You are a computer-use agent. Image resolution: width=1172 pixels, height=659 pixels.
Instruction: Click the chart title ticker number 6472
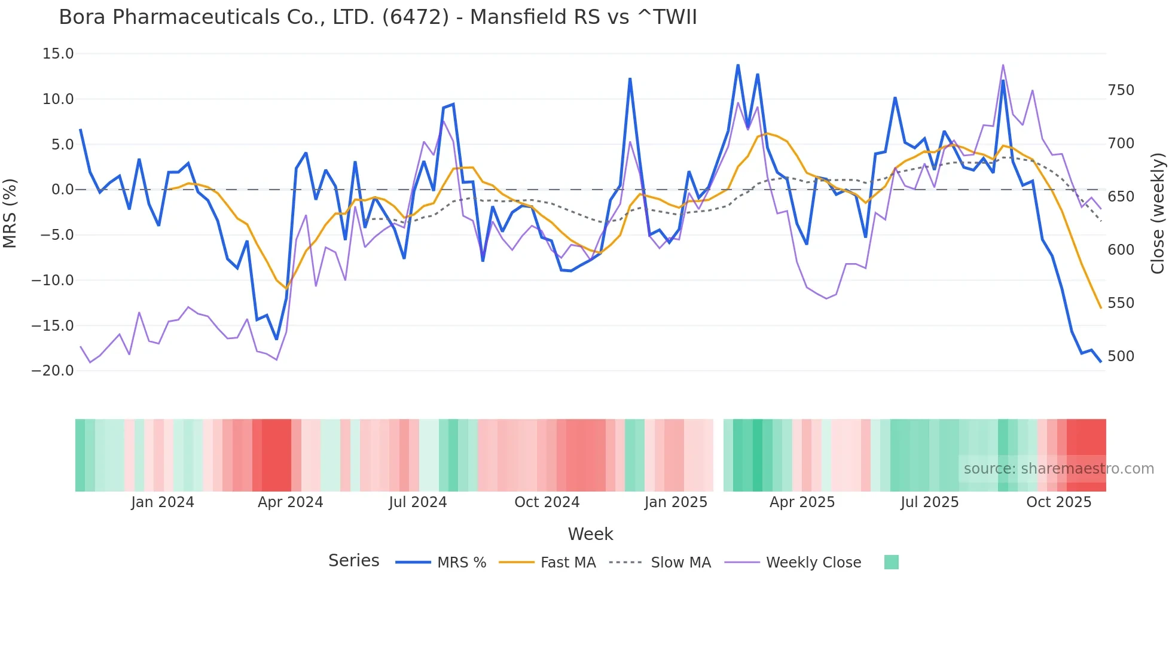pyautogui.click(x=415, y=17)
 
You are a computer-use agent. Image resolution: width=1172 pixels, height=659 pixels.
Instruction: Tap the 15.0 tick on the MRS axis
pyautogui.click(x=58, y=54)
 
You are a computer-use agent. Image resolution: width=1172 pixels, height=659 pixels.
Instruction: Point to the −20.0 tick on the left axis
pyautogui.click(x=53, y=371)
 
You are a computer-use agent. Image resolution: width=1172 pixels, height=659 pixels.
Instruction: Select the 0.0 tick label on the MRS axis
pyautogui.click(x=62, y=190)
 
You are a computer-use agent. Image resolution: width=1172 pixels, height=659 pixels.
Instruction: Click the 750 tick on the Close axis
pyautogui.click(x=1121, y=90)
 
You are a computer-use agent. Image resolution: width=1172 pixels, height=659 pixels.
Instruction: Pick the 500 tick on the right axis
pyautogui.click(x=1121, y=356)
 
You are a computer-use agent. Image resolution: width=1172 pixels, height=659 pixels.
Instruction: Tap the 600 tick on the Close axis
pyautogui.click(x=1121, y=250)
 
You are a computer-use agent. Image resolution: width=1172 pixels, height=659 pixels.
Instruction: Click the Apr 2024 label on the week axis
pyautogui.click(x=290, y=502)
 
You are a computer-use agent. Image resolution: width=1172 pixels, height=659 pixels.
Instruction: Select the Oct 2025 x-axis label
pyautogui.click(x=1058, y=502)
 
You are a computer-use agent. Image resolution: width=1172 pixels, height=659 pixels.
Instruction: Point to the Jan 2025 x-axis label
pyautogui.click(x=676, y=502)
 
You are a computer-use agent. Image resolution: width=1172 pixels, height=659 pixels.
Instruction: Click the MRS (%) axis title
pyautogui.click(x=10, y=213)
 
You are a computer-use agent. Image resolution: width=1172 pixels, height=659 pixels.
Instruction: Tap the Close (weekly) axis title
pyautogui.click(x=1158, y=213)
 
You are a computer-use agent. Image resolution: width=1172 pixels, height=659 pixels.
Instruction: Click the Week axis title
pyautogui.click(x=590, y=534)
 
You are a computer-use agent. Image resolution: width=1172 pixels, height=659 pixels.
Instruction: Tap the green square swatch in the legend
pyautogui.click(x=891, y=562)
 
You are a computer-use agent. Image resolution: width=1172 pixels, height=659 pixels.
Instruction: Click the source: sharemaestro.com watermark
pyautogui.click(x=1058, y=469)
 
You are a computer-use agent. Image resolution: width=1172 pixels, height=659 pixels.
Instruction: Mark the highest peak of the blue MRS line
pyautogui.click(x=738, y=65)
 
